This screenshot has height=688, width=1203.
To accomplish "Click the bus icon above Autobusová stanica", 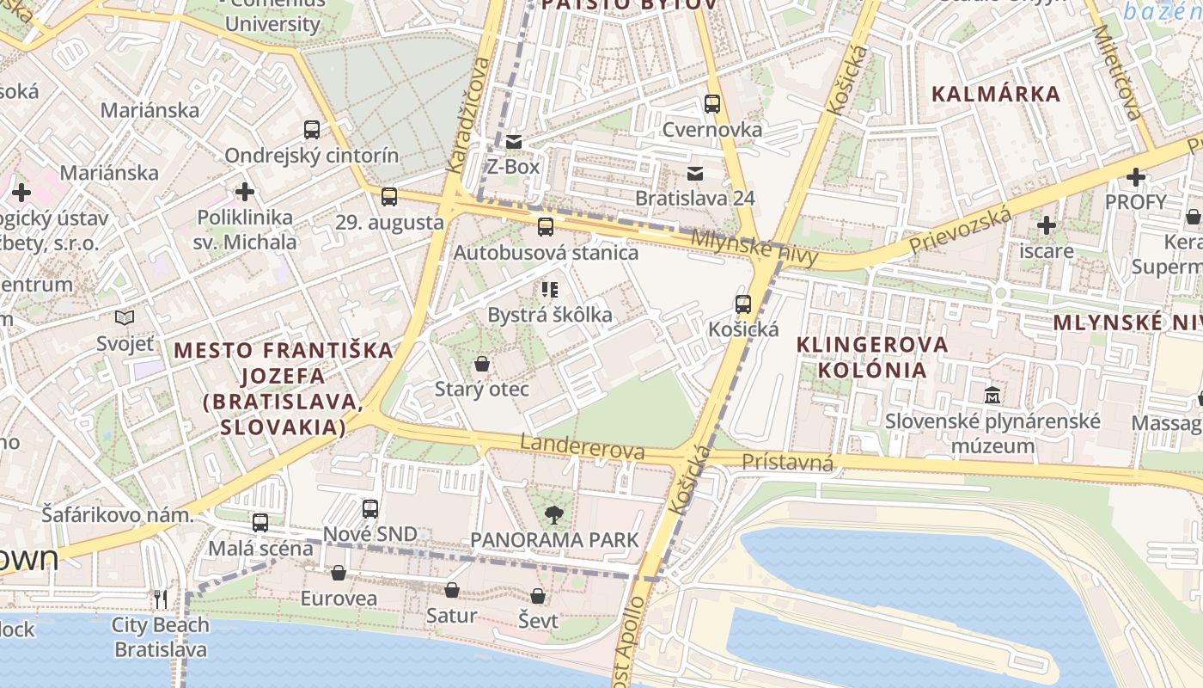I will pyautogui.click(x=546, y=227).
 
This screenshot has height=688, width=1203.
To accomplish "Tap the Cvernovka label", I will pyautogui.click(x=711, y=129).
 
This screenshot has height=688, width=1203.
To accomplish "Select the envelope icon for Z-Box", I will pyautogui.click(x=514, y=141).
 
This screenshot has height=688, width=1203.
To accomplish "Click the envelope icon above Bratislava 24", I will pyautogui.click(x=695, y=174).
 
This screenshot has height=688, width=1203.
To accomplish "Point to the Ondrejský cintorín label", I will pyautogui.click(x=311, y=156).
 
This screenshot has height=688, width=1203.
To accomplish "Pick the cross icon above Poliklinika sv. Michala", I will pyautogui.click(x=245, y=192).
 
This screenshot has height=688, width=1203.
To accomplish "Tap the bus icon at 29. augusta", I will pyautogui.click(x=389, y=197).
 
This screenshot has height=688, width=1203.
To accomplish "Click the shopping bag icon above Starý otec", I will pyautogui.click(x=482, y=364).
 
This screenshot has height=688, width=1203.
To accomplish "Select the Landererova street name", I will pyautogui.click(x=583, y=447).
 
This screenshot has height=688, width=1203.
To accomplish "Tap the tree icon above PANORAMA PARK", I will pyautogui.click(x=554, y=515).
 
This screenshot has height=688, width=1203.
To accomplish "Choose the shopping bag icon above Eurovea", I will pyautogui.click(x=339, y=573).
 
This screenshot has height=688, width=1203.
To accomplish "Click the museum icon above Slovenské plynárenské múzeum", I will pyautogui.click(x=992, y=396).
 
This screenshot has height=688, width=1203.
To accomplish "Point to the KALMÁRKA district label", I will pyautogui.click(x=996, y=94).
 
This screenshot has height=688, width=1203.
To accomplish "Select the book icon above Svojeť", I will pyautogui.click(x=125, y=318).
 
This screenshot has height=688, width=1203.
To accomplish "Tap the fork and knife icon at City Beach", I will pyautogui.click(x=161, y=599).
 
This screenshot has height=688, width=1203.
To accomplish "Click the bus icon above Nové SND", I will pyautogui.click(x=370, y=508).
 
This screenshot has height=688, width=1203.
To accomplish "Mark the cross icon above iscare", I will pyautogui.click(x=1046, y=226).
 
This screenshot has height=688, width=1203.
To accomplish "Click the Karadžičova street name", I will pyautogui.click(x=467, y=115).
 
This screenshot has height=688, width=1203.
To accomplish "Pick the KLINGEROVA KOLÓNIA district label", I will pyautogui.click(x=872, y=357).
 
